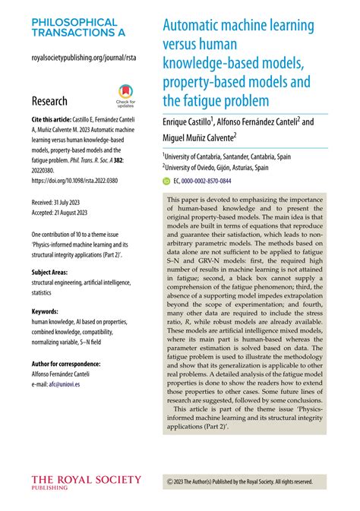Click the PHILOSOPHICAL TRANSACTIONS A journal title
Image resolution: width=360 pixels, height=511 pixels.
click(x=79, y=27)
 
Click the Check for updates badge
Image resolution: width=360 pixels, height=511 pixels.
click(x=125, y=96)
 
